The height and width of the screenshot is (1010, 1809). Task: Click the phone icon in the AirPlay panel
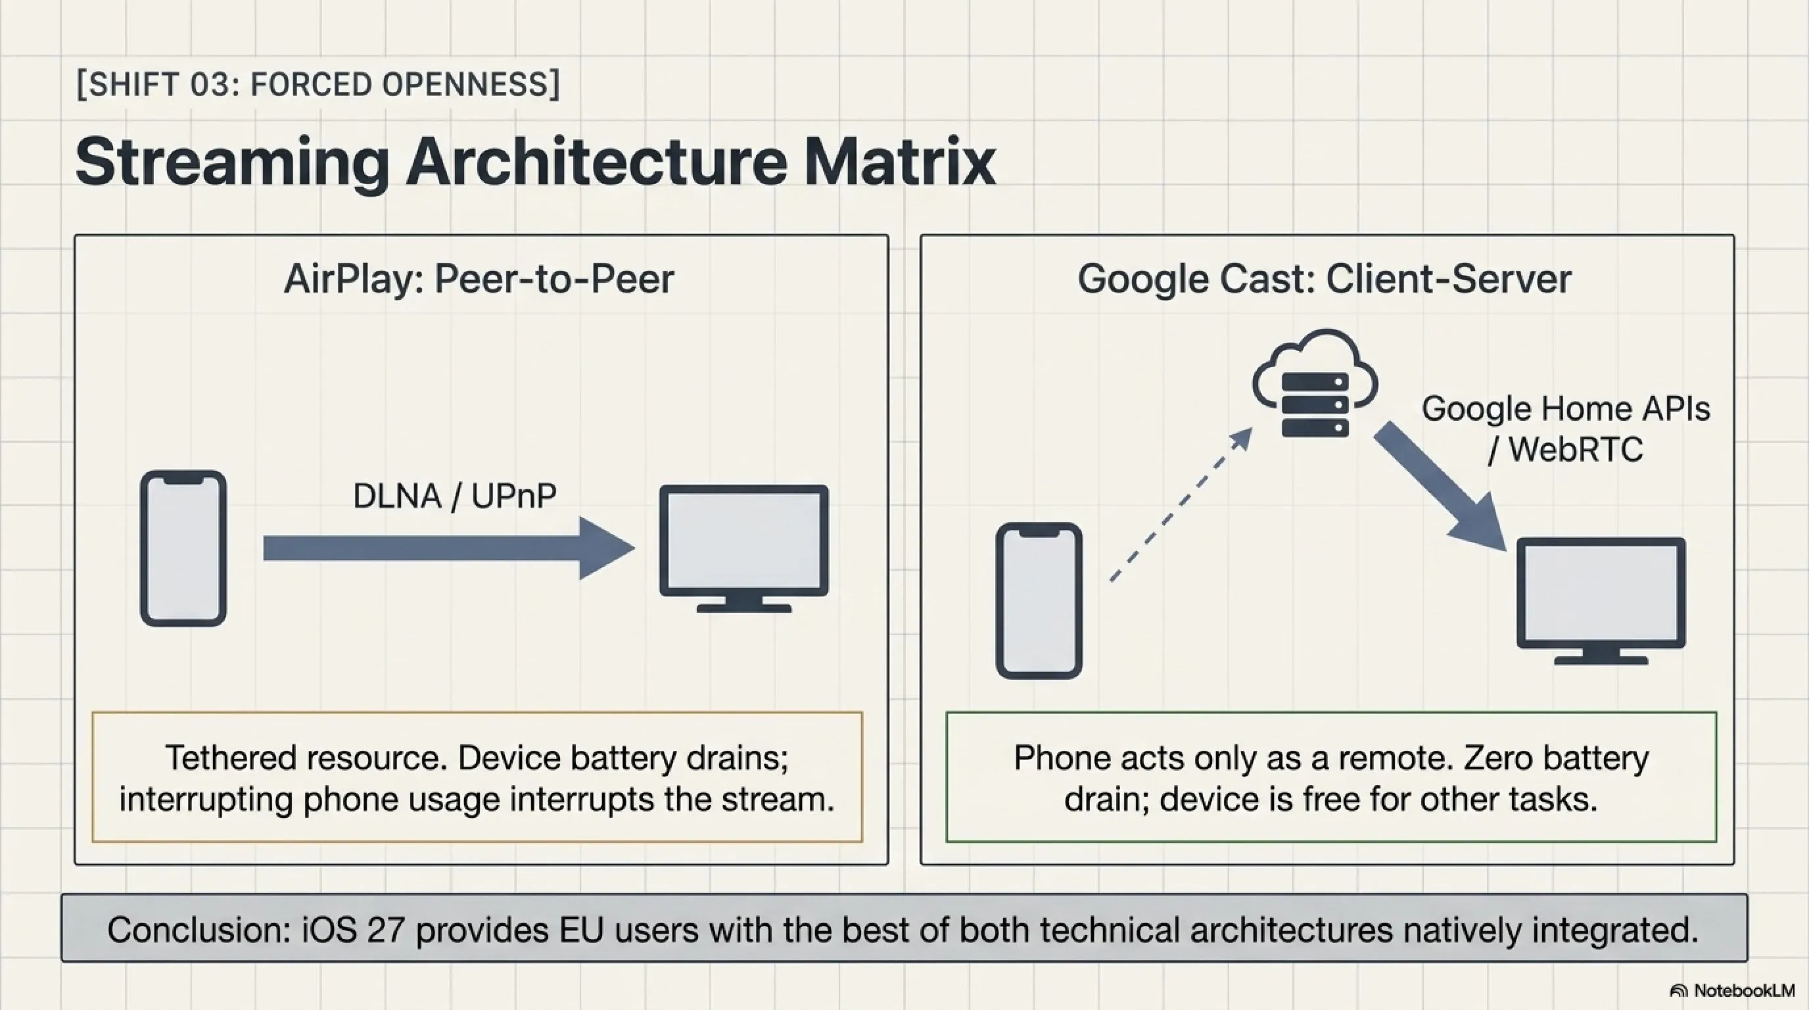(183, 548)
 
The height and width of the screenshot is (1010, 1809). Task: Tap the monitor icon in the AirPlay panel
(743, 548)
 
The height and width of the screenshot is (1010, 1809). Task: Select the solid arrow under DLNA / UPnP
(450, 548)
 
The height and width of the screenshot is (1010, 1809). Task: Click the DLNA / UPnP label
(454, 496)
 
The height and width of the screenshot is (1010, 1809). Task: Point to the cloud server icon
(1315, 383)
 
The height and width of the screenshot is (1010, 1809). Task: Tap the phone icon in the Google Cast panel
(1039, 600)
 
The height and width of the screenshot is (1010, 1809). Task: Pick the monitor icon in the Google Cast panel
(1601, 601)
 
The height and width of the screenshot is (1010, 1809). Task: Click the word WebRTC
(1576, 450)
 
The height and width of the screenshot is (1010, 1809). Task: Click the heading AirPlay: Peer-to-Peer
(479, 279)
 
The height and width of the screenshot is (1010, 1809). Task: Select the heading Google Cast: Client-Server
(1325, 279)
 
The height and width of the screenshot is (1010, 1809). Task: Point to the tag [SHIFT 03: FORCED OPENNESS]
(318, 84)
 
